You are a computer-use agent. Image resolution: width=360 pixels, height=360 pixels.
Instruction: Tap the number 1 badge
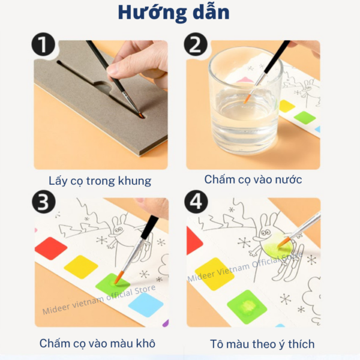coord(43,46)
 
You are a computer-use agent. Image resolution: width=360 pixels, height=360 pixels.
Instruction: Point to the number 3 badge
coord(43,202)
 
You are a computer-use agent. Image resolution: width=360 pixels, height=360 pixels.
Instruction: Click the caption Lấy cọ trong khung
coord(100,180)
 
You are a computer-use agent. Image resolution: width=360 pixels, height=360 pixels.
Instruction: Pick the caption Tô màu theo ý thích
coord(262,344)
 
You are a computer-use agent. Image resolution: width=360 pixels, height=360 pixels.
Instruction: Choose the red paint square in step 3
coord(50,248)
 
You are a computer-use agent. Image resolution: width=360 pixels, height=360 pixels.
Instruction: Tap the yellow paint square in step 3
coord(81,266)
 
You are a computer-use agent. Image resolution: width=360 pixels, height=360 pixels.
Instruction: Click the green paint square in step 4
coord(247,307)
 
